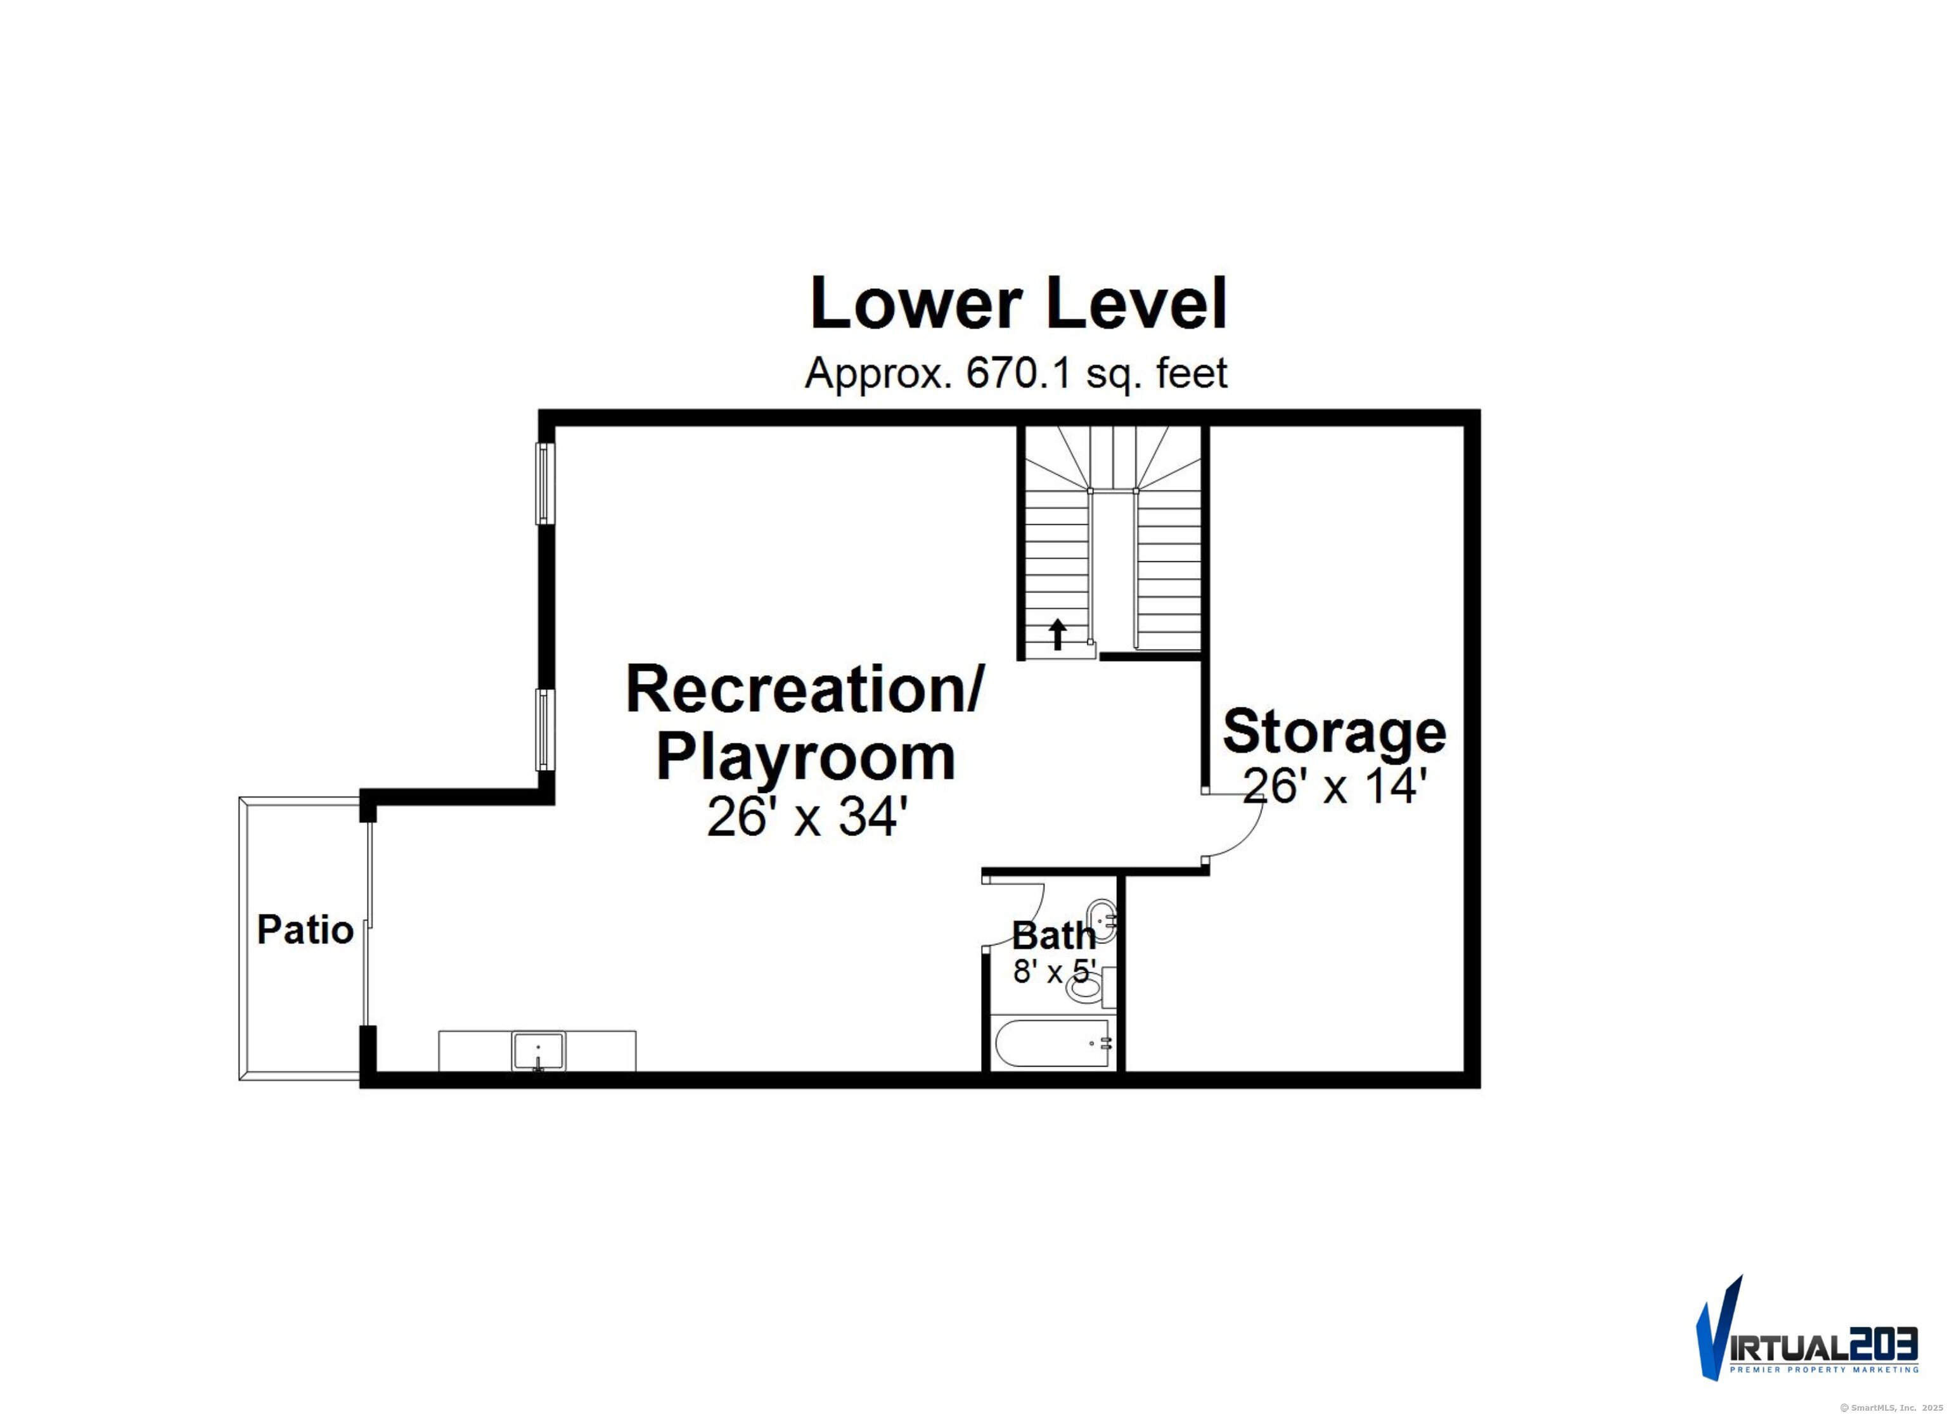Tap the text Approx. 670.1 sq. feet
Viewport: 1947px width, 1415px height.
(1015, 373)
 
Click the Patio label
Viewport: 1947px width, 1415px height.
(305, 930)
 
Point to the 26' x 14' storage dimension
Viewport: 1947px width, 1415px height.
(1334, 786)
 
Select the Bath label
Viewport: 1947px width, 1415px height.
(1053, 936)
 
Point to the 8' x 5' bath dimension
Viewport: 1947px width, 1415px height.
(1054, 972)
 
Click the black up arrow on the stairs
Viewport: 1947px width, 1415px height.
(1058, 635)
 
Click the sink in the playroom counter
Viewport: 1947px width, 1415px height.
(538, 1050)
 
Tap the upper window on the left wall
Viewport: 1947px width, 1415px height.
(543, 483)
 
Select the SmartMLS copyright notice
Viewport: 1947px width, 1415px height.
(1894, 1407)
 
